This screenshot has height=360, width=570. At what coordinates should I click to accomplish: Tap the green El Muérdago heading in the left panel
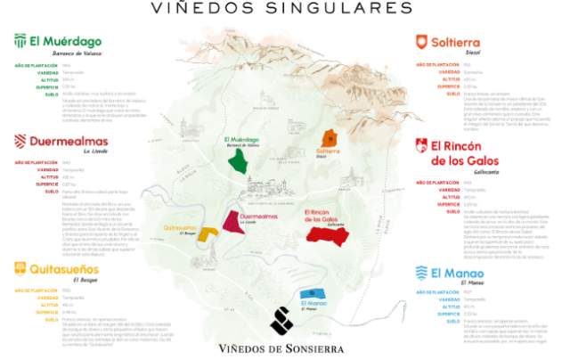click(x=66, y=42)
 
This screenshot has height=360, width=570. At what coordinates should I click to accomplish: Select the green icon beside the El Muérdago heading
click(x=19, y=42)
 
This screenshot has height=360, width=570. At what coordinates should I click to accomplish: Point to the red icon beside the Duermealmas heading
click(x=20, y=142)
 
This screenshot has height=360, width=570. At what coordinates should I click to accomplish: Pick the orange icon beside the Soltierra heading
click(x=421, y=42)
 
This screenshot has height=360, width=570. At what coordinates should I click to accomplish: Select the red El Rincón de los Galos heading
click(x=476, y=153)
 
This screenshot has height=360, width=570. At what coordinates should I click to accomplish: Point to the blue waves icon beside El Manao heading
click(x=421, y=273)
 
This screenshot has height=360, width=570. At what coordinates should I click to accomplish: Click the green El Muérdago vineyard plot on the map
click(x=239, y=160)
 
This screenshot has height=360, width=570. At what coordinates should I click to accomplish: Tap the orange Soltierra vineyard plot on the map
click(x=329, y=139)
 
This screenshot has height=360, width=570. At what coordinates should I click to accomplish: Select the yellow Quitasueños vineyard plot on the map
click(x=207, y=234)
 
